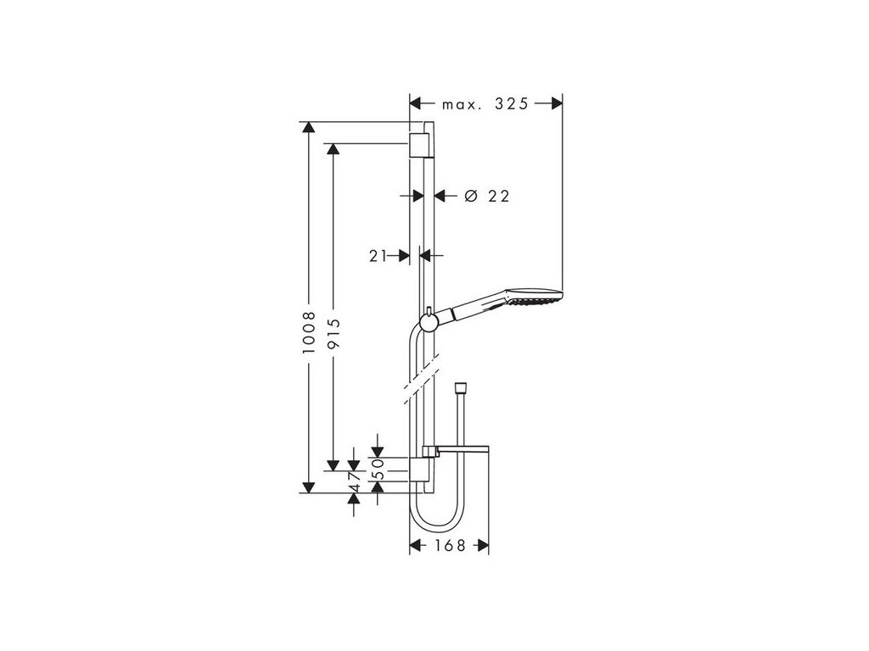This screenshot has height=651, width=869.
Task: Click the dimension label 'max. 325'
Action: pos(485,104)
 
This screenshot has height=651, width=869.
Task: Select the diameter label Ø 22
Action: pos(487,196)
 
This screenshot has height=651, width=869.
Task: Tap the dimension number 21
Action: pos(378,254)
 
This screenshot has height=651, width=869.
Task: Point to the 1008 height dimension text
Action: pos(309,331)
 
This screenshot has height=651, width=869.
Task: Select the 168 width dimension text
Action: pos(448,546)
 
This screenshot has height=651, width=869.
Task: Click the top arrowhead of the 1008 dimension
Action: pos(309,129)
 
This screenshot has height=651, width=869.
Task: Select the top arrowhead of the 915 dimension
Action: pos(334,150)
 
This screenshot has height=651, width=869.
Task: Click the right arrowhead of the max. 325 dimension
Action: pos(556,104)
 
